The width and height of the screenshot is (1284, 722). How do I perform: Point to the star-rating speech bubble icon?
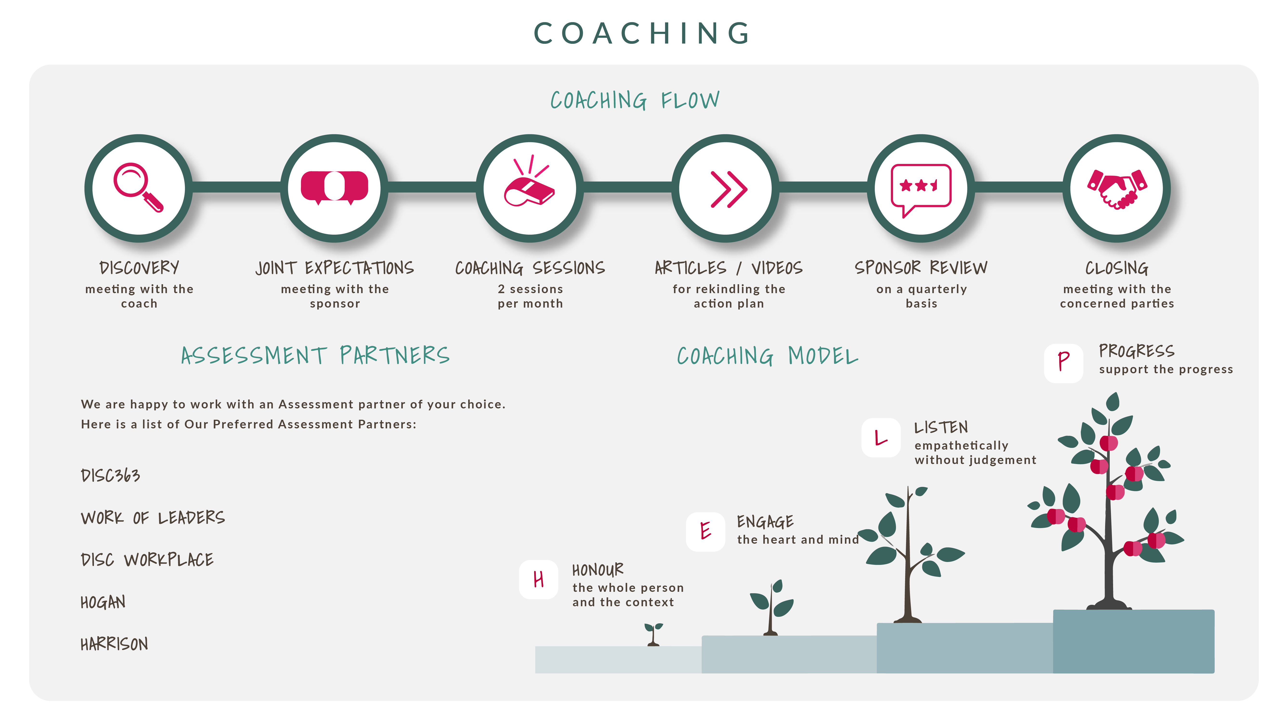tap(921, 188)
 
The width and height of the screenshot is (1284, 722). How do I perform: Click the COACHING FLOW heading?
tap(635, 100)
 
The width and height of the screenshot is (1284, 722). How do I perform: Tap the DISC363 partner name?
tap(110, 475)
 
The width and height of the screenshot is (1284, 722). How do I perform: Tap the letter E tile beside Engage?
tap(705, 531)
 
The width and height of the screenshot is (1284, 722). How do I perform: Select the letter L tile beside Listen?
tap(881, 438)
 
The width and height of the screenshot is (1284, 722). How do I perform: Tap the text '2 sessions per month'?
tap(530, 296)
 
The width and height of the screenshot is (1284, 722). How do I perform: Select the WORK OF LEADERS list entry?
tap(153, 518)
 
